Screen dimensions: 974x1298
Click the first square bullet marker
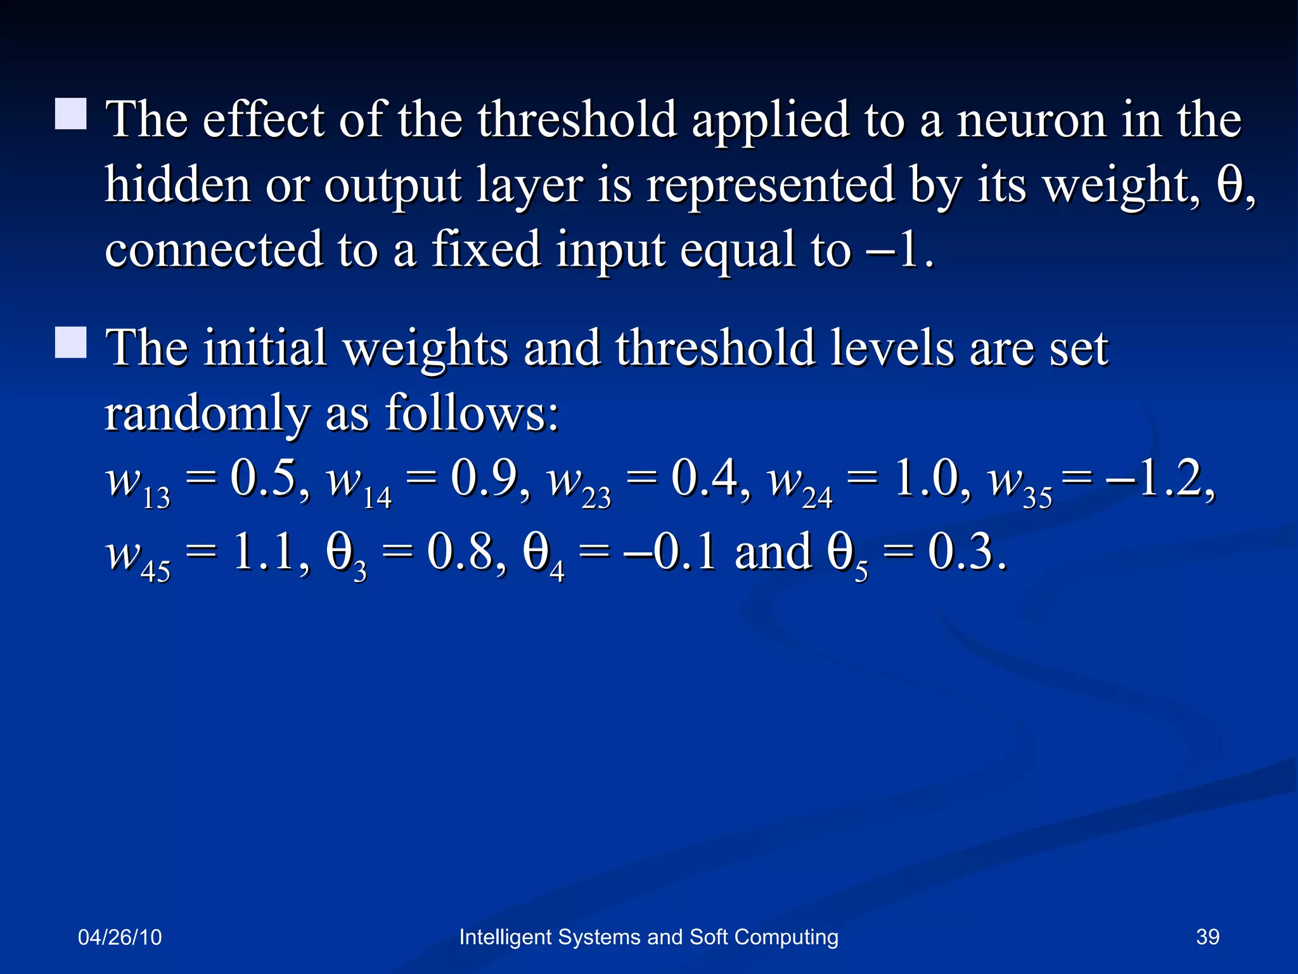coord(71,114)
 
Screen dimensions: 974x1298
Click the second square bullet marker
coord(71,343)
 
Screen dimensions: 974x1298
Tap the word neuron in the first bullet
coord(1031,120)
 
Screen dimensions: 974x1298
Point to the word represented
coord(771,186)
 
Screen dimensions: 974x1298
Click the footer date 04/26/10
coord(120,937)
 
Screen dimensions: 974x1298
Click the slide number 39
coord(1207,937)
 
